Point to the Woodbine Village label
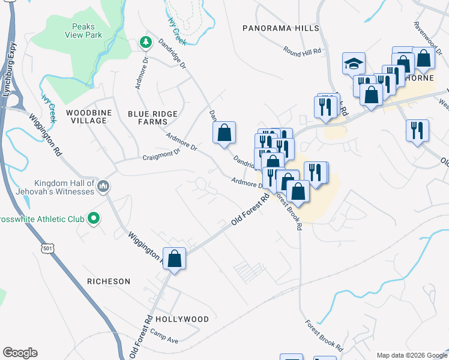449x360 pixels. pos(86,116)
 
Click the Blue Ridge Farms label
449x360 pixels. pos(152,118)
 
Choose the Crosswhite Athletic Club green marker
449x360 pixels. pos(94,219)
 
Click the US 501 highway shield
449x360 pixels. pos(46,248)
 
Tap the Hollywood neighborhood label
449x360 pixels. pos(182,319)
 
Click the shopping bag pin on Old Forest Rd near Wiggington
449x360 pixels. pos(175,260)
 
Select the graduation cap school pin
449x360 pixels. pos(354,64)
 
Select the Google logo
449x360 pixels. pos(20,353)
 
